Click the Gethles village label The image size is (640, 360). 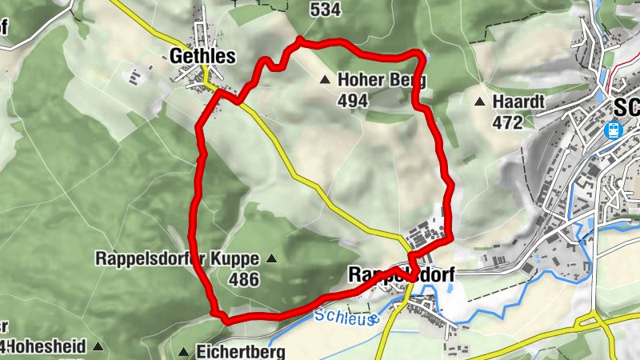[x=202, y=56]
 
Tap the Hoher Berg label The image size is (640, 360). [x=382, y=80]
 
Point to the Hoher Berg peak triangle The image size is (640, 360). [x=325, y=79]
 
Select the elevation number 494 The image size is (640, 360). [x=352, y=101]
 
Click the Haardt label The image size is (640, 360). [x=518, y=102]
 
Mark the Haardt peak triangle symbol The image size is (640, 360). [x=480, y=102]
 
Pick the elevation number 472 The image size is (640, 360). [x=507, y=122]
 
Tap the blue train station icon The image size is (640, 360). [x=614, y=130]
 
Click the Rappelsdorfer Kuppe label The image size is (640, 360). [x=177, y=259]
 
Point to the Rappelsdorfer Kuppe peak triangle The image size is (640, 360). [x=270, y=258]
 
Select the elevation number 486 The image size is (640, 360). [x=243, y=280]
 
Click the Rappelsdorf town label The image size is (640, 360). [x=402, y=275]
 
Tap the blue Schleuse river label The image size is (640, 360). [x=345, y=317]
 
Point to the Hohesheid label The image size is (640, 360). [x=48, y=347]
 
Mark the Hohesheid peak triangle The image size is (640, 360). [x=98, y=346]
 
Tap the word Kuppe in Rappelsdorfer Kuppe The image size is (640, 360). [x=236, y=259]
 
